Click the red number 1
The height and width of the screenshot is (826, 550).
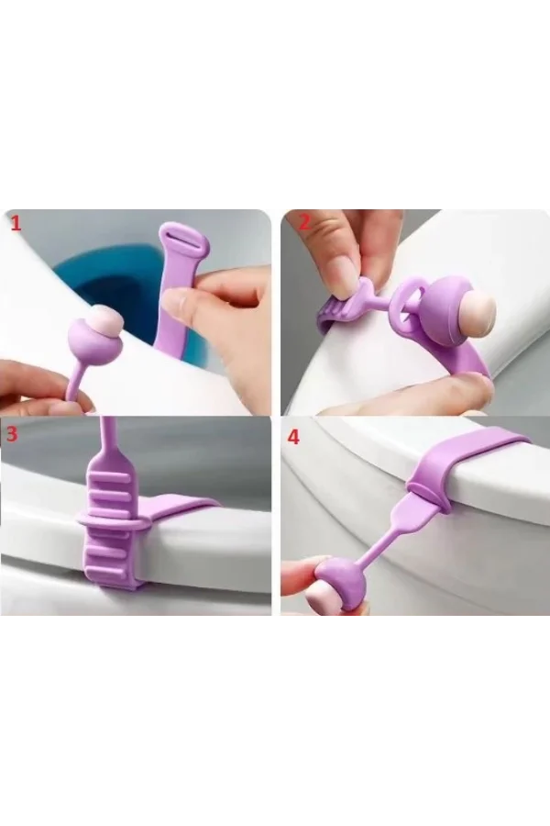pyautogui.click(x=16, y=222)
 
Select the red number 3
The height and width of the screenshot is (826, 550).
pyautogui.click(x=13, y=435)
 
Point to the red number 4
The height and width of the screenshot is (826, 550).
pyautogui.click(x=293, y=437)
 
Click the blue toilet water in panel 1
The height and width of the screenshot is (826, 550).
pyautogui.click(x=101, y=275)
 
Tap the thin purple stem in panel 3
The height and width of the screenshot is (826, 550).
pyautogui.click(x=110, y=441)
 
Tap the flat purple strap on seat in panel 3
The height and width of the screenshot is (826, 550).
pyautogui.click(x=179, y=508)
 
